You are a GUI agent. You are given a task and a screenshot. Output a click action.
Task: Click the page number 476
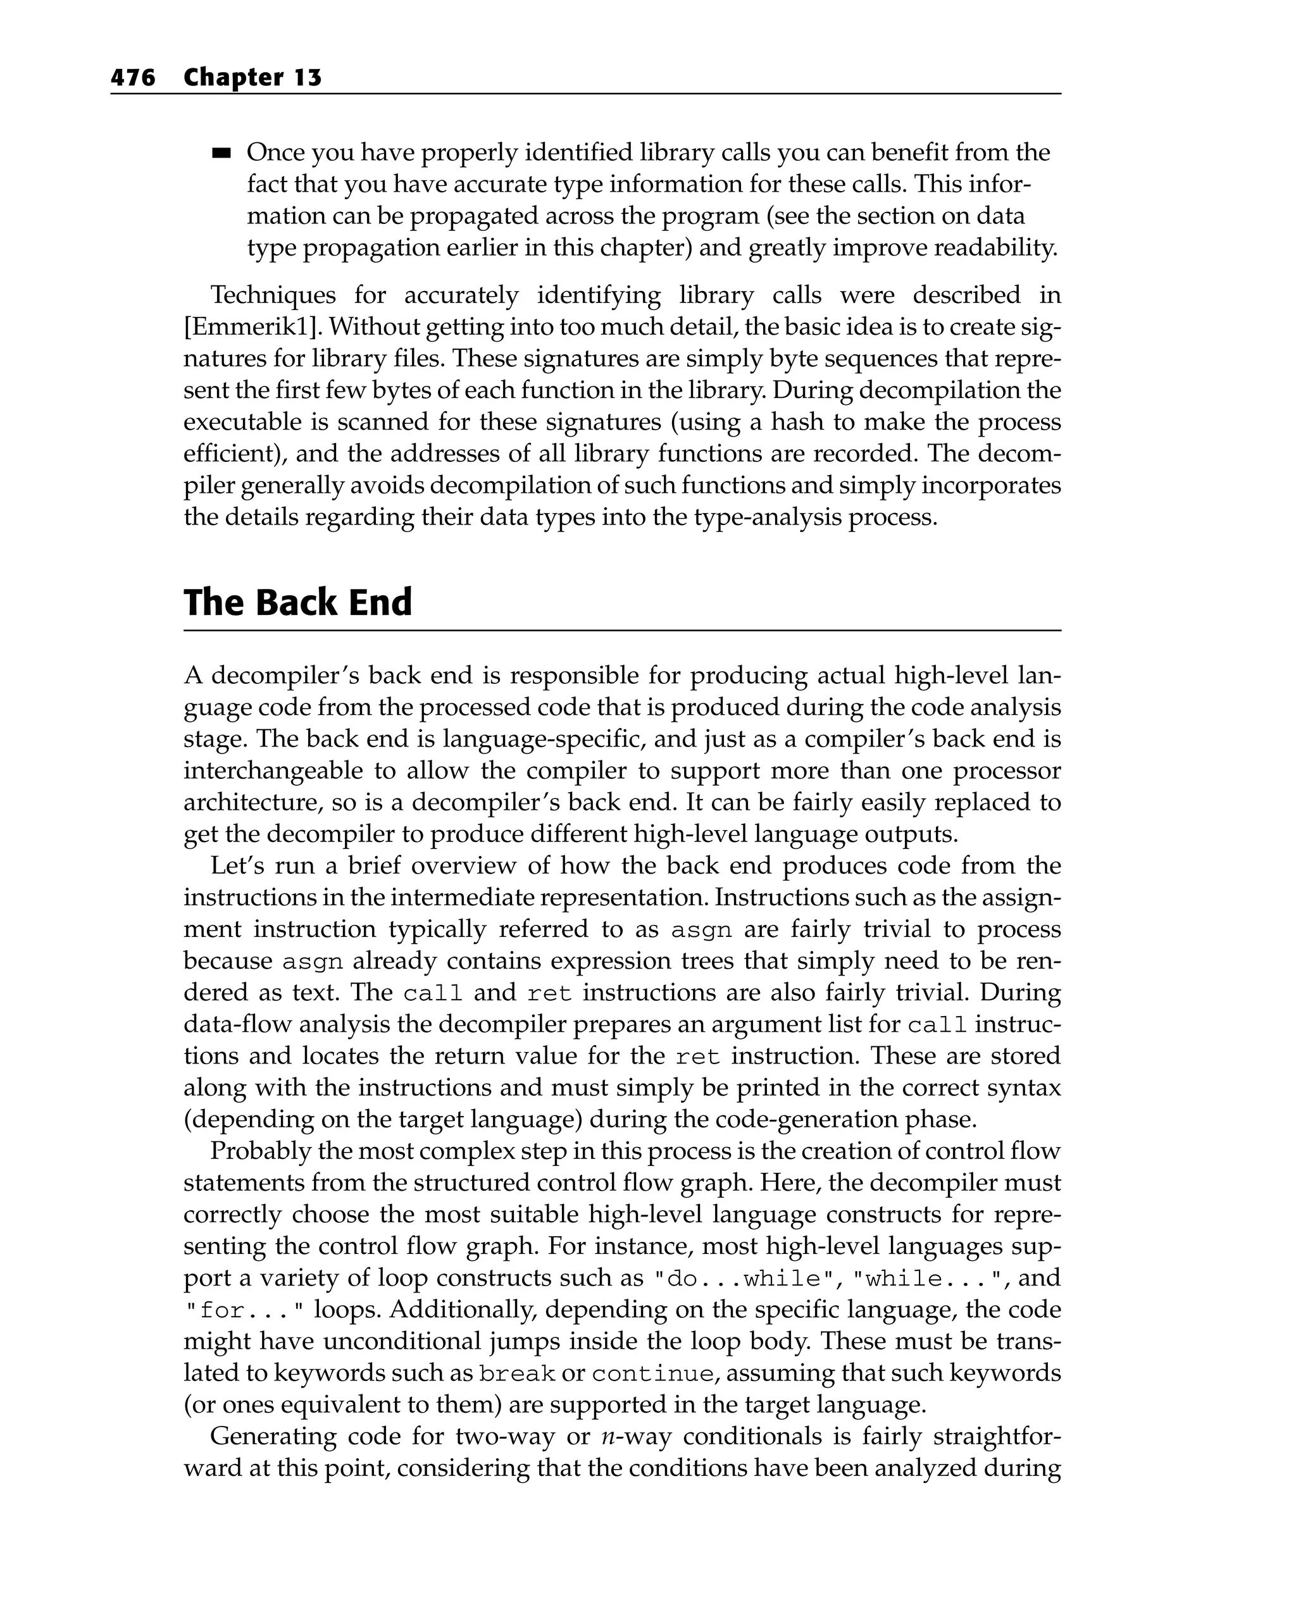pos(133,78)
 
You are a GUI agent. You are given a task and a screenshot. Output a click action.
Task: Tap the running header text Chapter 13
pos(252,78)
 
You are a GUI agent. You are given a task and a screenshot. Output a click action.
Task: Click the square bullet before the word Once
pos(221,154)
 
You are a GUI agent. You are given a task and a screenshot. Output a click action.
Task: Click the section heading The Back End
pos(297,603)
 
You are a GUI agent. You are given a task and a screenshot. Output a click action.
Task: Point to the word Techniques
pos(273,295)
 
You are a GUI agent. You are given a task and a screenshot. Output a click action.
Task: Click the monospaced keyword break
pos(517,1375)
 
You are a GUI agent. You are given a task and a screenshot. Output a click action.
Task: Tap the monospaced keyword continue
pos(652,1375)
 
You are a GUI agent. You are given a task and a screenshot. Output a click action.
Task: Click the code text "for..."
pos(244,1311)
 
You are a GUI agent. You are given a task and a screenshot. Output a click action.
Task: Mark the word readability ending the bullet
pos(995,248)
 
